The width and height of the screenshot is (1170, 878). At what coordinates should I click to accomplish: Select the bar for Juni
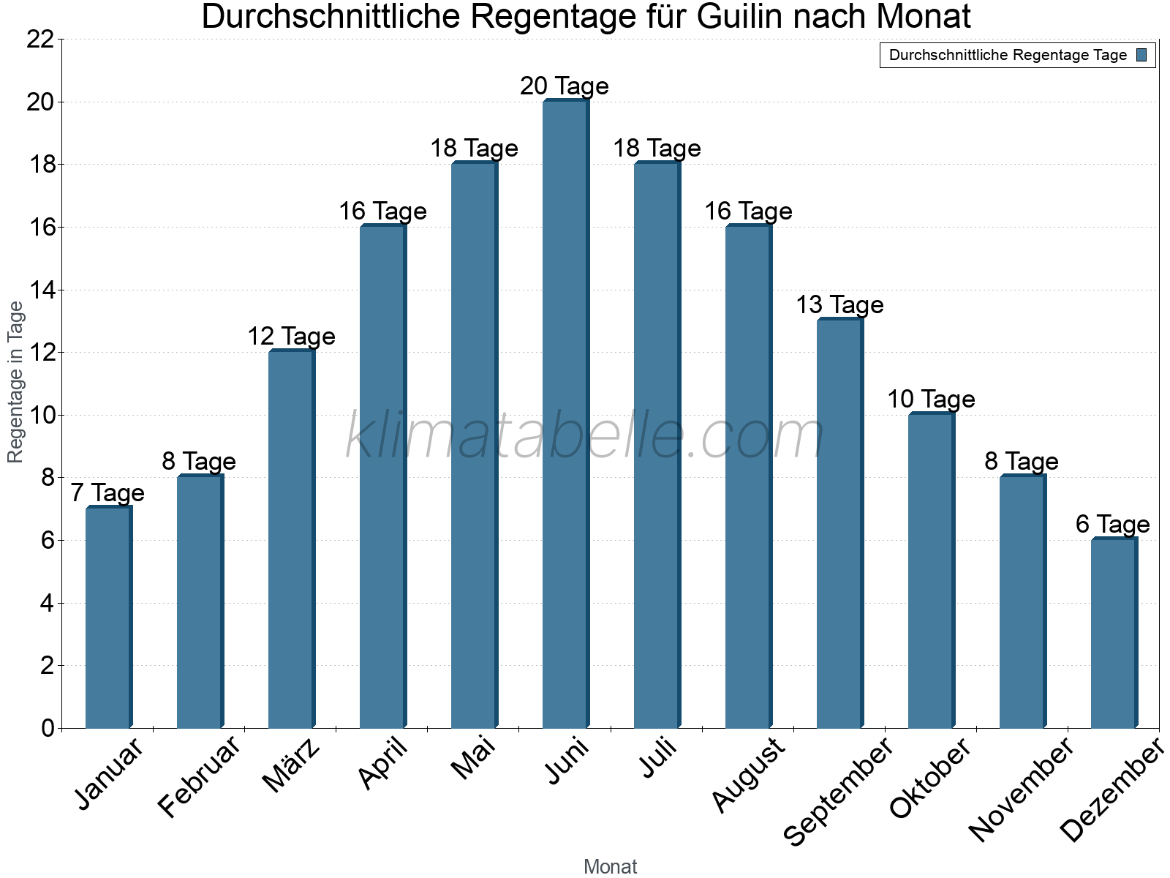(x=565, y=414)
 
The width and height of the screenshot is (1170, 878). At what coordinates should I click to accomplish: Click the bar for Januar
(x=108, y=618)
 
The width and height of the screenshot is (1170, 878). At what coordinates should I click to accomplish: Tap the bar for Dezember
(x=1114, y=634)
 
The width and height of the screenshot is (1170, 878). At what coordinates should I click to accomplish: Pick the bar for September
(x=839, y=524)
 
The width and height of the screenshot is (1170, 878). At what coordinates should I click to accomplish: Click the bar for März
(x=291, y=540)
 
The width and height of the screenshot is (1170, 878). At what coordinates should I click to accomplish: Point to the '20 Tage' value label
(x=565, y=86)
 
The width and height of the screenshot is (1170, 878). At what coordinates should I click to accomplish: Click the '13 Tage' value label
(x=839, y=305)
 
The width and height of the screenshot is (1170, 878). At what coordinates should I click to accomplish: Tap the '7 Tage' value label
(x=107, y=493)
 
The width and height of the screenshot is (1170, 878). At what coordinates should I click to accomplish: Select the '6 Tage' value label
(x=1113, y=525)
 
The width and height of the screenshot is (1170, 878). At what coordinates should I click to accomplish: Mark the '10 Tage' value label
(x=931, y=399)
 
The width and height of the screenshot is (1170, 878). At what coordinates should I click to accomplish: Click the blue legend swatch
(x=1142, y=55)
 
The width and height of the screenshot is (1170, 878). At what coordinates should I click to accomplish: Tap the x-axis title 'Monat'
(x=611, y=867)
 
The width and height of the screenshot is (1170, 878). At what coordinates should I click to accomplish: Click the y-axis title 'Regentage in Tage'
(x=15, y=383)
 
